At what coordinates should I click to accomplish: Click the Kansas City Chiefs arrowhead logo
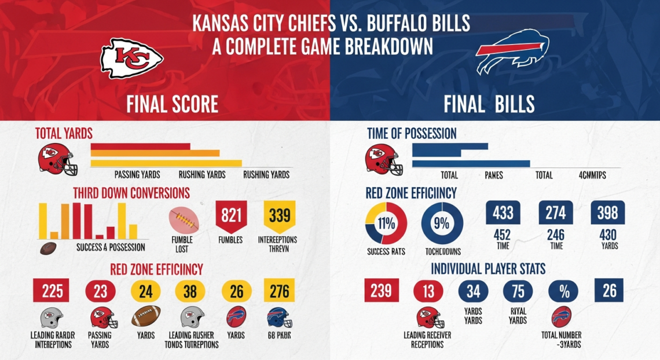click(132, 58)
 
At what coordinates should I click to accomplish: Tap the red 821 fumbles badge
click(231, 217)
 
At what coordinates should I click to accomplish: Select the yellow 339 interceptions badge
click(279, 217)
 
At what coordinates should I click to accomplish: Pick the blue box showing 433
click(503, 212)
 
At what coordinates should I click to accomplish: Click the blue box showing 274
click(556, 212)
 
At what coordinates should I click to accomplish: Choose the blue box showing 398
click(608, 212)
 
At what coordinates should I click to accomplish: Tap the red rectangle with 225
click(52, 291)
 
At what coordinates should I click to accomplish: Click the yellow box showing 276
click(279, 291)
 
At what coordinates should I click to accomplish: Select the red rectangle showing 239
click(381, 291)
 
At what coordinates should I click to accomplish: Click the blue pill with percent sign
click(564, 291)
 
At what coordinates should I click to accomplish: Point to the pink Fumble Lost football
click(184, 221)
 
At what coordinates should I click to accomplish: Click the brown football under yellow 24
click(146, 317)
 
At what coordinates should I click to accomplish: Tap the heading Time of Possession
click(412, 134)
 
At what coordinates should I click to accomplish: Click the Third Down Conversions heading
click(131, 192)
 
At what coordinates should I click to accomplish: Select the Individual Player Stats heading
click(488, 269)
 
